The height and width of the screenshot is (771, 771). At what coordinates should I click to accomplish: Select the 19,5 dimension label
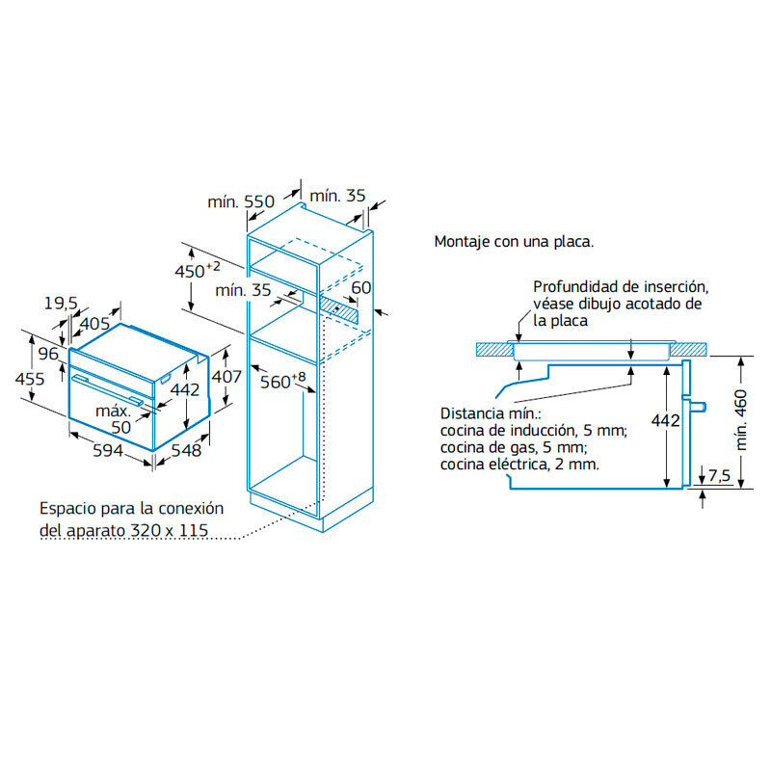click(x=60, y=304)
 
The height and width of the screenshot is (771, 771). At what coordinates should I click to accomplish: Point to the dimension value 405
click(x=93, y=323)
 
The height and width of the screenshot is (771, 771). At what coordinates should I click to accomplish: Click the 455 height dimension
click(x=30, y=379)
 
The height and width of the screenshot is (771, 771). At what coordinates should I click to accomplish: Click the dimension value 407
click(x=226, y=377)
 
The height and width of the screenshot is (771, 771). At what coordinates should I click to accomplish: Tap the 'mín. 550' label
click(x=241, y=202)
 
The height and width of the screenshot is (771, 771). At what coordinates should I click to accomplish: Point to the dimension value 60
click(x=361, y=288)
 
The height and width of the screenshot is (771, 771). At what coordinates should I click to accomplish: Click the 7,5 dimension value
click(x=719, y=475)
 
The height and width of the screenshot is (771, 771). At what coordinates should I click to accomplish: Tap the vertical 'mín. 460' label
click(x=740, y=421)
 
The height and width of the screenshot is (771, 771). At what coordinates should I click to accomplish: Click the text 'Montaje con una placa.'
click(x=514, y=241)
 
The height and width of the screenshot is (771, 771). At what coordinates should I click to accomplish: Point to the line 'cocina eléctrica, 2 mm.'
click(x=518, y=464)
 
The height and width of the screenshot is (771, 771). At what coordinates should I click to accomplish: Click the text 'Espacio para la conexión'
click(x=131, y=508)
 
